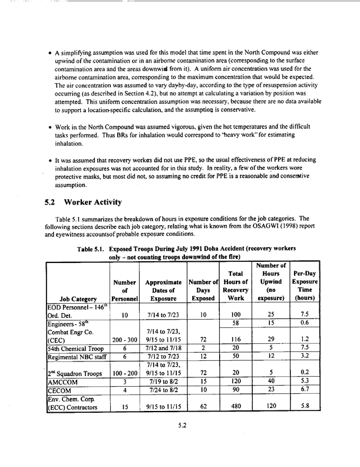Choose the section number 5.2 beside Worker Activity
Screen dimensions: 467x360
tap(51, 203)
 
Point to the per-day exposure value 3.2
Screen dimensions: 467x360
tap(305, 373)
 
